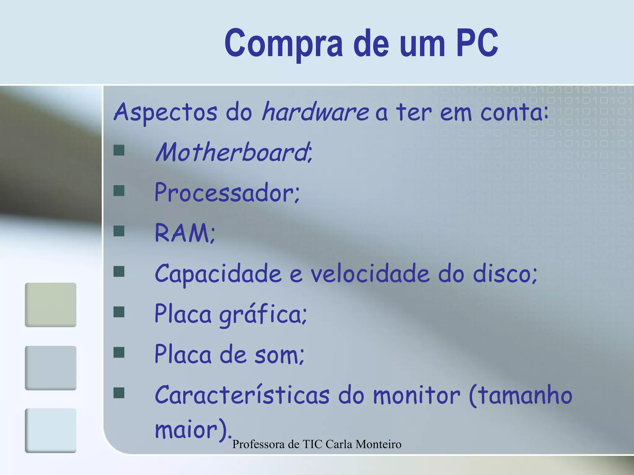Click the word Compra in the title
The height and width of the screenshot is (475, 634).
283,43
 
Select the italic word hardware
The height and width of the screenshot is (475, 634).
315,112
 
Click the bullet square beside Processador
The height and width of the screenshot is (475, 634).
119,191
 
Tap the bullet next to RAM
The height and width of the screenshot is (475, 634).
119,231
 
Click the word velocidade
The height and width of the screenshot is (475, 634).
370,274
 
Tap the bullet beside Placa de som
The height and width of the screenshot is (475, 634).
119,353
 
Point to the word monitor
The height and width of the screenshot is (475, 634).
416,396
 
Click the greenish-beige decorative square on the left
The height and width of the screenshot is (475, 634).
50,305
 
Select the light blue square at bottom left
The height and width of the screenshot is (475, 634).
50,430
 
